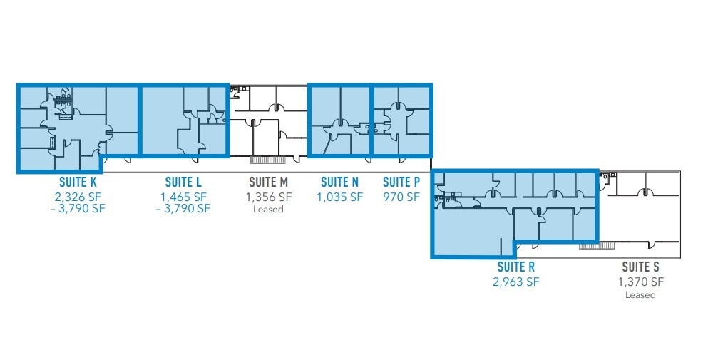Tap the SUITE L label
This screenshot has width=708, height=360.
click(183, 182)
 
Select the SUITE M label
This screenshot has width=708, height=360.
click(269, 182)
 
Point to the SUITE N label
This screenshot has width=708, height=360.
click(339, 182)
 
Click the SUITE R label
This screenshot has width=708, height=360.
click(516, 267)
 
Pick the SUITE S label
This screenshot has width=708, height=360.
click(640, 267)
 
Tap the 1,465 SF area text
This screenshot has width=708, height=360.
click(183, 196)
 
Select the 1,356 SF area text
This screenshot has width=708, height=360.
click(269, 196)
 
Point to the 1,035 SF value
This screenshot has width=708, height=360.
click(339, 196)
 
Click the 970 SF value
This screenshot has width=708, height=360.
click(401, 196)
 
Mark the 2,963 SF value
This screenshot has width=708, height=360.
click(516, 282)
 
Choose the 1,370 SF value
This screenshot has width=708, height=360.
click(640, 282)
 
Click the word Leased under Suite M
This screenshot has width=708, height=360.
click(269, 210)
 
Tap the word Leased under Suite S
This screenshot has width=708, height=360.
click(640, 294)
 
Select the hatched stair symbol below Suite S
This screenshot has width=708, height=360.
click(597, 245)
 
